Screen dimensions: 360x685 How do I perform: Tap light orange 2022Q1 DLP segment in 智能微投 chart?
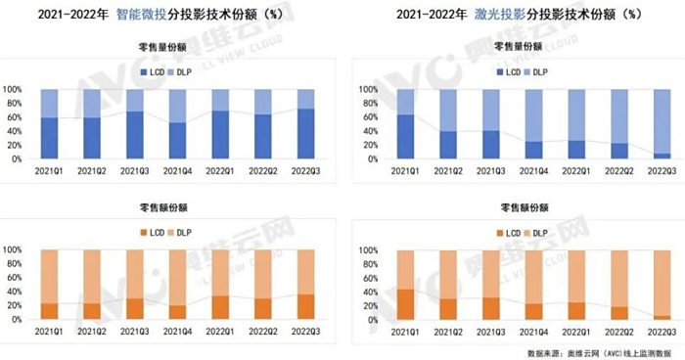221,272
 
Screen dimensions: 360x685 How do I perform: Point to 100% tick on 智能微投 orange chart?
20,250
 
